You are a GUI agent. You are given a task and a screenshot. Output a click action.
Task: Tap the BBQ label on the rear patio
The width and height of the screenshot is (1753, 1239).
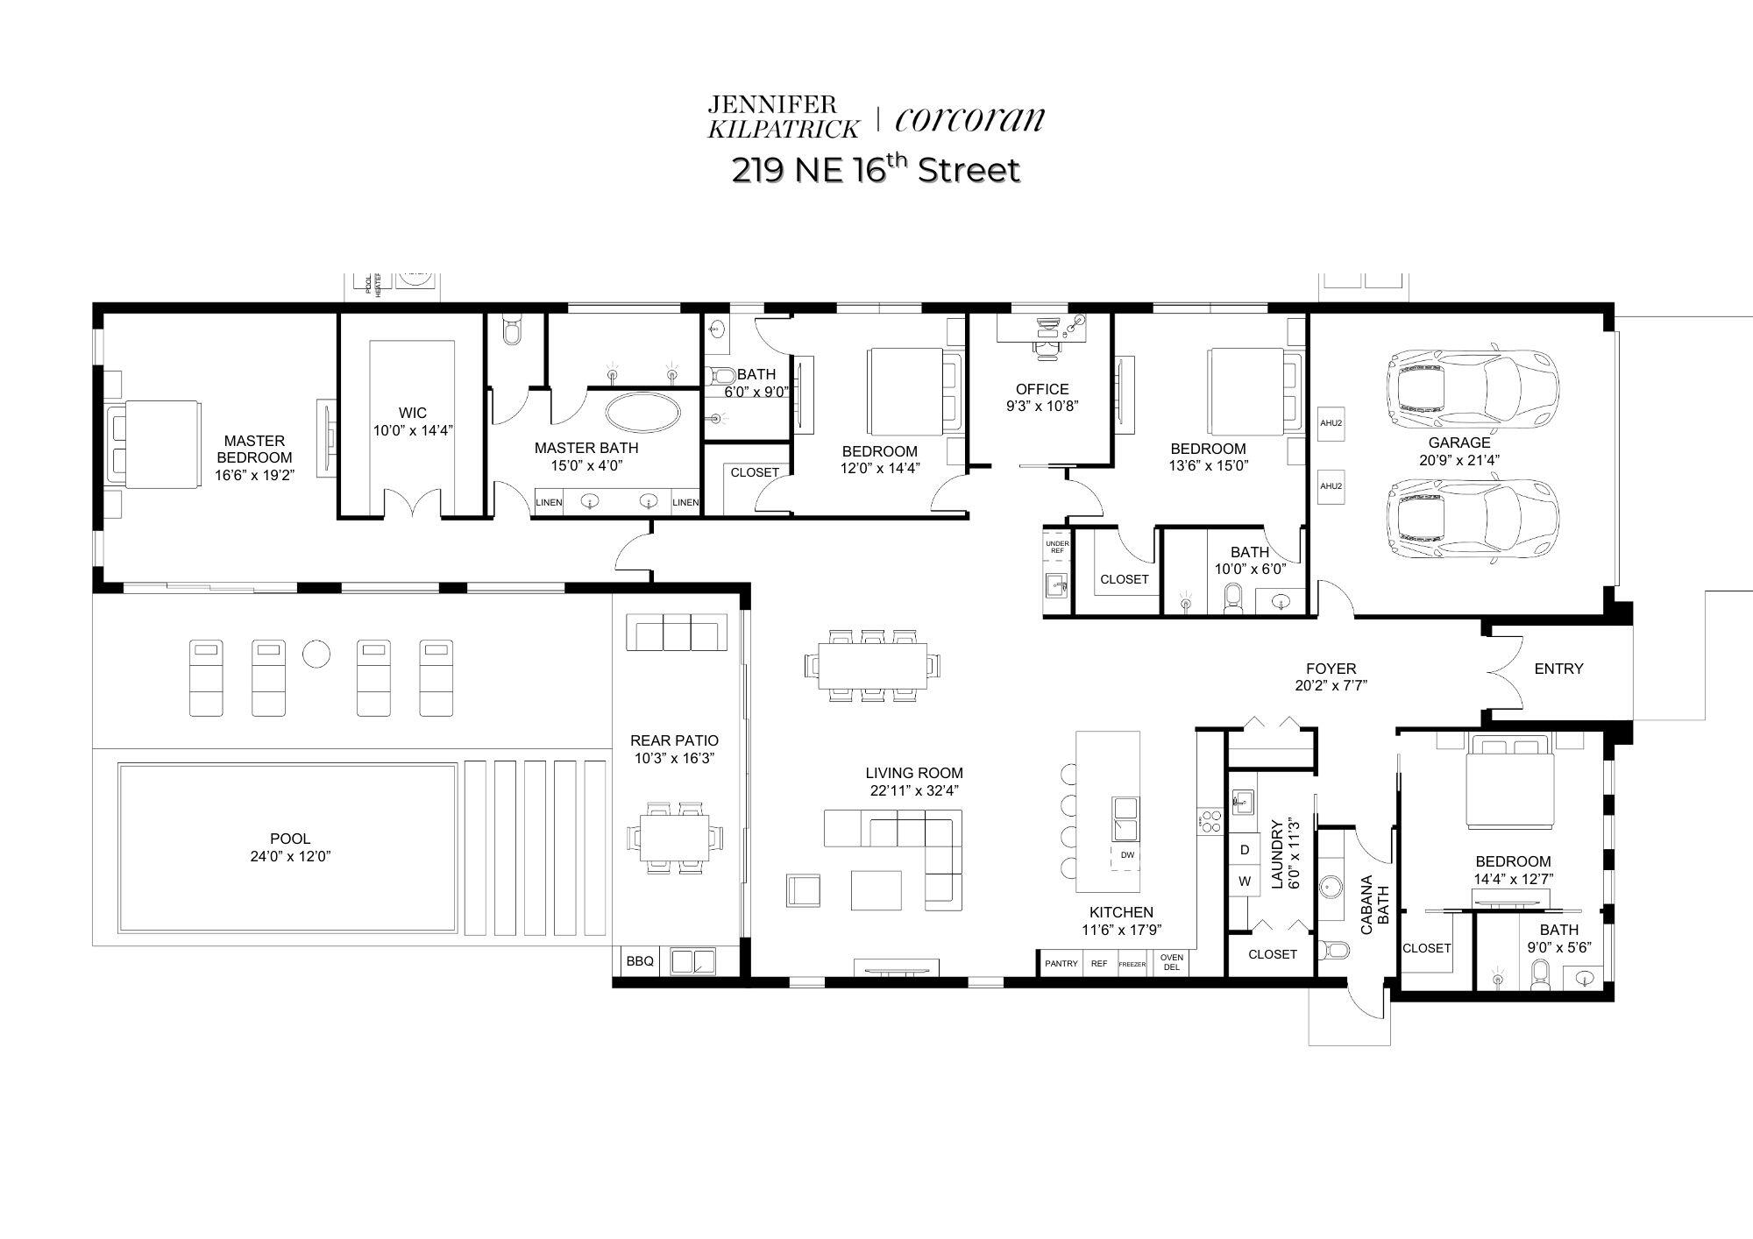(640, 961)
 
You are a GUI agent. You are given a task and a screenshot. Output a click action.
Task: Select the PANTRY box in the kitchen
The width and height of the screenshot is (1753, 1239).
(1061, 964)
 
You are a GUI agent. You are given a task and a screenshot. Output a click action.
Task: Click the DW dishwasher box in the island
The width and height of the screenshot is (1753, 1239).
(1127, 855)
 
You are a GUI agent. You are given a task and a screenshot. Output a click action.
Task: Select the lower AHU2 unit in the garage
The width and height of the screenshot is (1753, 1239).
(1331, 486)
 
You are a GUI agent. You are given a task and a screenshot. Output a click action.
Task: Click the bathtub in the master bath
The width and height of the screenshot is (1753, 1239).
(642, 412)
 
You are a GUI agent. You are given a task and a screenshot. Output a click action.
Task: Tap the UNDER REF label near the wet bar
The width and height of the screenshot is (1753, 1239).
(1057, 547)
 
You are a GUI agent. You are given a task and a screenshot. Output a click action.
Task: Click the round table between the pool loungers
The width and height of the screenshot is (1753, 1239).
(316, 653)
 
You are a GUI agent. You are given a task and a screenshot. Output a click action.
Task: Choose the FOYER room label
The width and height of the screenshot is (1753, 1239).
(1331, 669)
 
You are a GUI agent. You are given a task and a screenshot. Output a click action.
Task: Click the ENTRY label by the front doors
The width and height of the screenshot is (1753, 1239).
(1558, 669)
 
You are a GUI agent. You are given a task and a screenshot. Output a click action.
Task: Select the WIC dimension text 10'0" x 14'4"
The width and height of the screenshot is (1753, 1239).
(413, 430)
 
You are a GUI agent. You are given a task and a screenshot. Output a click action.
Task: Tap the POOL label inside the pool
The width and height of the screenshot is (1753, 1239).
(290, 839)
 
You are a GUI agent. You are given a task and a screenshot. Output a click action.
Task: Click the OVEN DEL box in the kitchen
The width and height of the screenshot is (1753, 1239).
(1172, 963)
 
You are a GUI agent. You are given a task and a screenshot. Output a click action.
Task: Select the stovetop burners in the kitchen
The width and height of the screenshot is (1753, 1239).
(1210, 821)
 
